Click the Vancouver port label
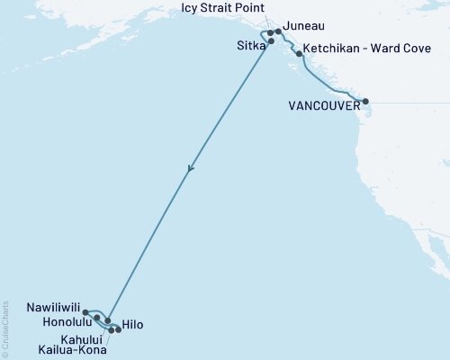[323, 105]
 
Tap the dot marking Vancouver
[365, 102]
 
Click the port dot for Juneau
[278, 31]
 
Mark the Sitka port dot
[271, 40]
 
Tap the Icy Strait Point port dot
[271, 32]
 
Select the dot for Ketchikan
[299, 54]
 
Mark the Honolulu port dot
[96, 318]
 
